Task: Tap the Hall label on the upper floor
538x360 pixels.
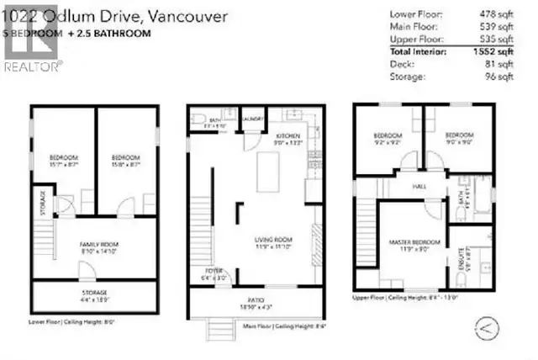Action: point(418,187)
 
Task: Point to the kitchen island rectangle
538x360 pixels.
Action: point(273,169)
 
